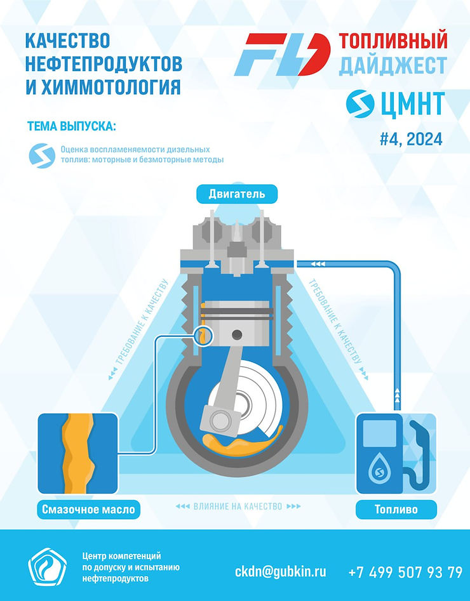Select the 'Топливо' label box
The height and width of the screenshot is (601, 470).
pos(396,508)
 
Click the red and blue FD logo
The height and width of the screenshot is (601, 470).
pos(282,55)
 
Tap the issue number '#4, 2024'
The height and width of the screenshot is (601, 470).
pos(410,138)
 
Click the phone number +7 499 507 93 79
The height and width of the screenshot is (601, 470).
pos(405,572)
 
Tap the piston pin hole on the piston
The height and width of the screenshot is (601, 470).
pos(237,334)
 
